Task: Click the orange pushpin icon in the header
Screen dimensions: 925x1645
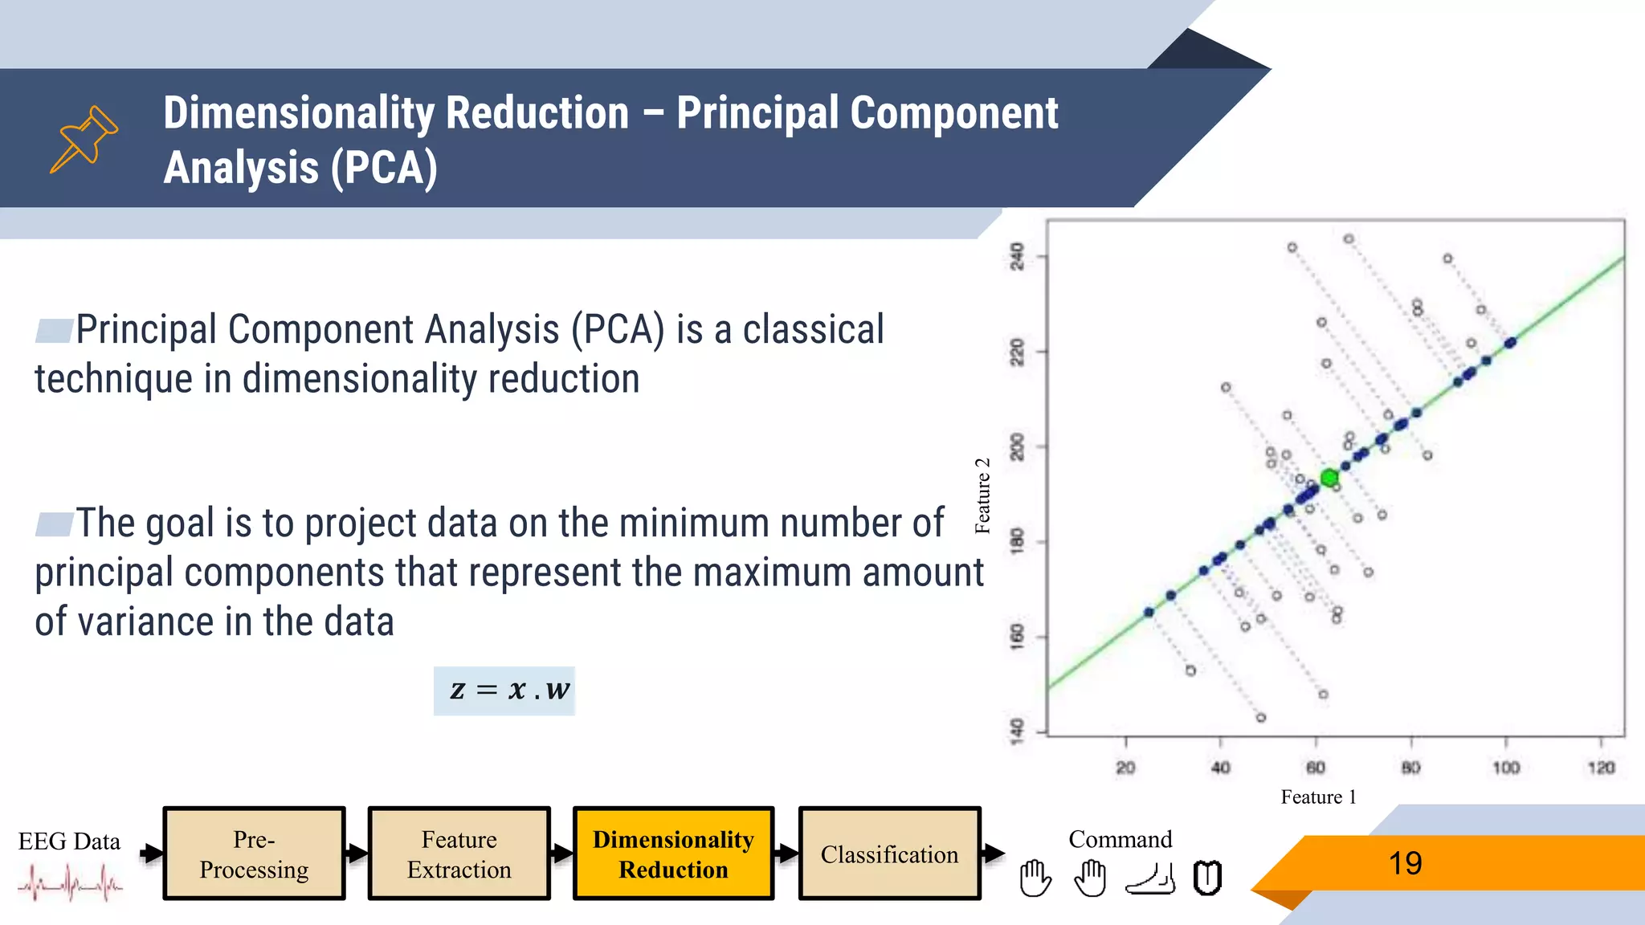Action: click(x=84, y=139)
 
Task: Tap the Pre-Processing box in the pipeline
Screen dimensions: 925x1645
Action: click(x=254, y=854)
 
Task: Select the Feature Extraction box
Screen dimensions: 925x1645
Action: click(x=459, y=854)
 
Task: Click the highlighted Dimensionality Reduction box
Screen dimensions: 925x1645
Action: click(x=673, y=854)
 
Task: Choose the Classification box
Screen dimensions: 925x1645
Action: click(x=889, y=854)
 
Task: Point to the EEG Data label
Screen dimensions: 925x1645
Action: click(x=69, y=841)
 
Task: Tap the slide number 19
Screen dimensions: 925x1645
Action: click(x=1405, y=863)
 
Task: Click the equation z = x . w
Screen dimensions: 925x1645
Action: click(x=504, y=691)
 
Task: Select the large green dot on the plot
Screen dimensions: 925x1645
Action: click(x=1329, y=478)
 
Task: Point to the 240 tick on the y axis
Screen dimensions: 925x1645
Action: click(x=1018, y=256)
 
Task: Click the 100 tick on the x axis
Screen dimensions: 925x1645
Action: click(x=1506, y=768)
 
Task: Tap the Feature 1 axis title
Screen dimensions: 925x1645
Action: click(x=1318, y=797)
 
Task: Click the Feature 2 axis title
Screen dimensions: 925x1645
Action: click(x=982, y=496)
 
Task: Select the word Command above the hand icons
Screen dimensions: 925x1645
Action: click(x=1120, y=839)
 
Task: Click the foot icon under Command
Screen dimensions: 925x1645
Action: click(x=1150, y=879)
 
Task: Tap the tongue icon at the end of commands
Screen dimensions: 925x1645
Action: click(x=1207, y=878)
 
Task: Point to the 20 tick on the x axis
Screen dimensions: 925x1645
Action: click(x=1125, y=768)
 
